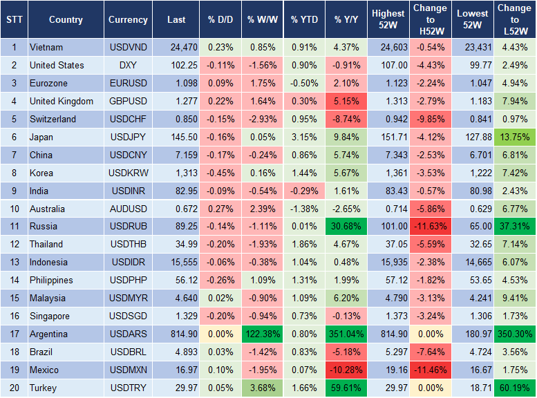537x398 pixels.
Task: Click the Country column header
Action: (66, 20)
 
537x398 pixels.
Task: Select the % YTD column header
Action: (305, 20)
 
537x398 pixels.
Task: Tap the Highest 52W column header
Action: (388, 20)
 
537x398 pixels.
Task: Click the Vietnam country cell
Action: (46, 47)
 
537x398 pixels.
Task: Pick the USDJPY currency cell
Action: (128, 137)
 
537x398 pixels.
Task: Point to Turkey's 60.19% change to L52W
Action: (515, 388)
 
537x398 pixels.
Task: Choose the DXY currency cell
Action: (128, 65)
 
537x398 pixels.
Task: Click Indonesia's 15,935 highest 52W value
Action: (388, 262)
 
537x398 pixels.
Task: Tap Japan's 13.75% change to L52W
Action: (515, 137)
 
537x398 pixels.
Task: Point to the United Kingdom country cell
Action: (61, 101)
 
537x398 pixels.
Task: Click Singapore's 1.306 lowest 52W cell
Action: (472, 316)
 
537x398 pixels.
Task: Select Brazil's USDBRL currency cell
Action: (128, 352)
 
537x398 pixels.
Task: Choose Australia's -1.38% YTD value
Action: (305, 208)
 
